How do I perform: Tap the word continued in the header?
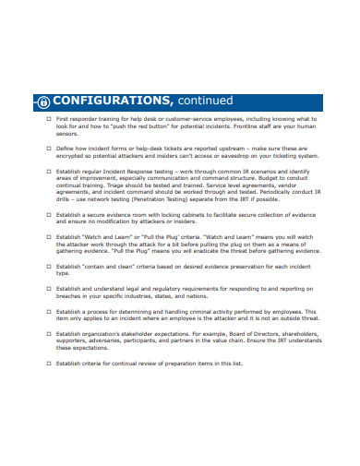(x=200, y=99)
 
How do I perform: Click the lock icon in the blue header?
(x=44, y=101)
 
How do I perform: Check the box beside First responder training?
(x=49, y=119)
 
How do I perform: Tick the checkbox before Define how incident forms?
(x=49, y=147)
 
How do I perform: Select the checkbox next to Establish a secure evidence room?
(x=49, y=214)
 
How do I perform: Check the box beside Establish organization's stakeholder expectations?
(x=49, y=333)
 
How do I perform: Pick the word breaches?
(x=72, y=296)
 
